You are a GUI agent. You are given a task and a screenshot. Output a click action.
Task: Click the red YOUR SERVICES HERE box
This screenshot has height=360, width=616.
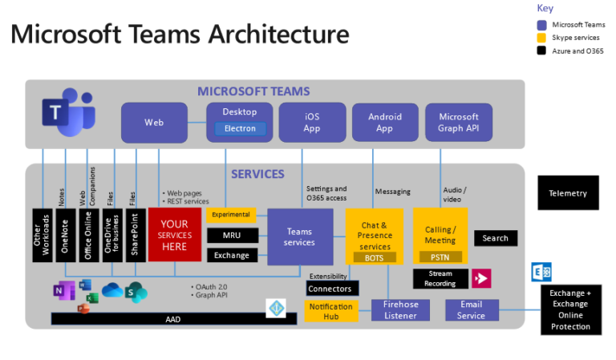pos(173,235)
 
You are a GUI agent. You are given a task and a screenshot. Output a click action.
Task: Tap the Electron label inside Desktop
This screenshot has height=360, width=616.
pos(240,128)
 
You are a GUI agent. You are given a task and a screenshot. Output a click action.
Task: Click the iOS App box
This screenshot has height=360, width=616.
pos(311,123)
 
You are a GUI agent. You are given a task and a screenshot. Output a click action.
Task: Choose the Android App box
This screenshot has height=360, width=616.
pos(384,123)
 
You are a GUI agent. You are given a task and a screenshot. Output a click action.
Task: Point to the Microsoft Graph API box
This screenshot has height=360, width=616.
pos(458,123)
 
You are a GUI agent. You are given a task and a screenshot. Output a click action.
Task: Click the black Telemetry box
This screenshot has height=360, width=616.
pos(568,193)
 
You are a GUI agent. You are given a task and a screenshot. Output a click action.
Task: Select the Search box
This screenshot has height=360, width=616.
pos(495,238)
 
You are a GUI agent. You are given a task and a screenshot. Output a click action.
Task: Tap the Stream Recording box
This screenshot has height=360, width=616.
pos(440,278)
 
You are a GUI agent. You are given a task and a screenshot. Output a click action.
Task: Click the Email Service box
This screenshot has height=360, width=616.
pos(471,310)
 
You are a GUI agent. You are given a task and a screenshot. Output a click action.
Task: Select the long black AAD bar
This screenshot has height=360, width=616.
pos(172,318)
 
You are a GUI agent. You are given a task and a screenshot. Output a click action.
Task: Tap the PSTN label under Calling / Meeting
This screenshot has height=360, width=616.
pos(440,257)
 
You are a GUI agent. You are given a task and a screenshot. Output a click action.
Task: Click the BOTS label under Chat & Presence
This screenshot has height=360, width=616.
pos(374,257)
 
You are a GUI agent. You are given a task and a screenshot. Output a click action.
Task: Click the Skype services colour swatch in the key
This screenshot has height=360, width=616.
pos(541,38)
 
